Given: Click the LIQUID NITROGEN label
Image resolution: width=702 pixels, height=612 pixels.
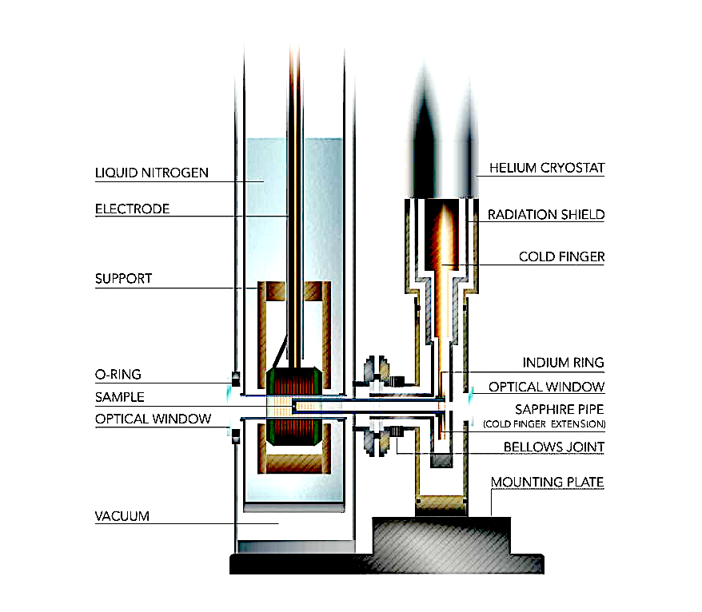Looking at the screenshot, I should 153,173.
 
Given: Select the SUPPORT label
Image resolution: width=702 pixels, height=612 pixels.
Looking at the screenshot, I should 123,280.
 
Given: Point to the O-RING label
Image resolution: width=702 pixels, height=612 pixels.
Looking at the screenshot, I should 118,374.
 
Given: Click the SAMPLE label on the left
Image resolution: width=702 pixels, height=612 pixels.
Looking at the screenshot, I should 120,396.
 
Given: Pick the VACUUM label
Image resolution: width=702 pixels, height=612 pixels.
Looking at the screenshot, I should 122,516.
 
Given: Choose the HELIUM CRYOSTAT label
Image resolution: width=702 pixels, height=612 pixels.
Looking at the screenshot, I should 548,168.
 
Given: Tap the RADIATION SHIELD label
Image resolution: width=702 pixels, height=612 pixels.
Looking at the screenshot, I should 547,214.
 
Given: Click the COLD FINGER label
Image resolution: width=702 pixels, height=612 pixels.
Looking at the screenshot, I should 561,257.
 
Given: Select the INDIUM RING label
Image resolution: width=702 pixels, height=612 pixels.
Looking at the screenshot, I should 563,363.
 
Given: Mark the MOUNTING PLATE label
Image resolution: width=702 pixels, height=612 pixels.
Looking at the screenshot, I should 548,483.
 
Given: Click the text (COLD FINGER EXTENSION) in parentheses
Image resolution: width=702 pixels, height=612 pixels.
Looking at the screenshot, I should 544,423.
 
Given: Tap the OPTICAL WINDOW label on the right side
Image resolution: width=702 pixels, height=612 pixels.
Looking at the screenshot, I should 547,387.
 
